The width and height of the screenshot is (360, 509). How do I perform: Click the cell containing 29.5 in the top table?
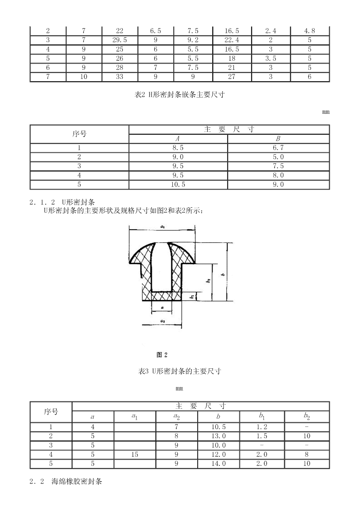pyautogui.click(x=120, y=40)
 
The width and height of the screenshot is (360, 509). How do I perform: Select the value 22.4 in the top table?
pyautogui.click(x=232, y=40)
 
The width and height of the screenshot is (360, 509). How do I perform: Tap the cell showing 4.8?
pyautogui.click(x=310, y=31)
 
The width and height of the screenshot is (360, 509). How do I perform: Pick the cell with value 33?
pyautogui.click(x=120, y=77)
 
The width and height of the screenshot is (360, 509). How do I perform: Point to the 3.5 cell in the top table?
pyautogui.click(x=271, y=59)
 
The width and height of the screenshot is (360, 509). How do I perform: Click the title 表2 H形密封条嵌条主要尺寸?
pyautogui.click(x=180, y=95)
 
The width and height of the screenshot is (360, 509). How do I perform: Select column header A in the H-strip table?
pyautogui.click(x=178, y=139)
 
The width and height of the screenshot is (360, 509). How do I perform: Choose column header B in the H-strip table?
pyautogui.click(x=278, y=139)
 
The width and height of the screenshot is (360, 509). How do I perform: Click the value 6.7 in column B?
pyautogui.click(x=278, y=148)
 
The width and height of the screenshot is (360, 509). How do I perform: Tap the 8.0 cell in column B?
pyautogui.click(x=278, y=175)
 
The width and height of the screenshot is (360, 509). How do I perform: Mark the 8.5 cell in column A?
pyautogui.click(x=178, y=148)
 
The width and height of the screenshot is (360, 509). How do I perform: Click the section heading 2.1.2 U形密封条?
pyautogui.click(x=62, y=203)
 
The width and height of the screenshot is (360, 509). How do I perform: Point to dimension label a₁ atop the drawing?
pyautogui.click(x=162, y=227)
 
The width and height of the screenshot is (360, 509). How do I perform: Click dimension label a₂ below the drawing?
pyautogui.click(x=162, y=321)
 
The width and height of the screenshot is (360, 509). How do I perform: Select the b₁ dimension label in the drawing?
pyautogui.click(x=192, y=296)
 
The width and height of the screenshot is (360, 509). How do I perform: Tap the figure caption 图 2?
pyautogui.click(x=162, y=355)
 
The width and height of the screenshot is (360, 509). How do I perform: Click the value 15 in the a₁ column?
pyautogui.click(x=135, y=455)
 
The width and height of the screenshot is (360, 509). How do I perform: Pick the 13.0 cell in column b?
pyautogui.click(x=219, y=436)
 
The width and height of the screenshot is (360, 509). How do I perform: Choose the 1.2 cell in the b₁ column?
pyautogui.click(x=262, y=427)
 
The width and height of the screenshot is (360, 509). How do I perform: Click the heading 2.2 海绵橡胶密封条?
pyautogui.click(x=66, y=481)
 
